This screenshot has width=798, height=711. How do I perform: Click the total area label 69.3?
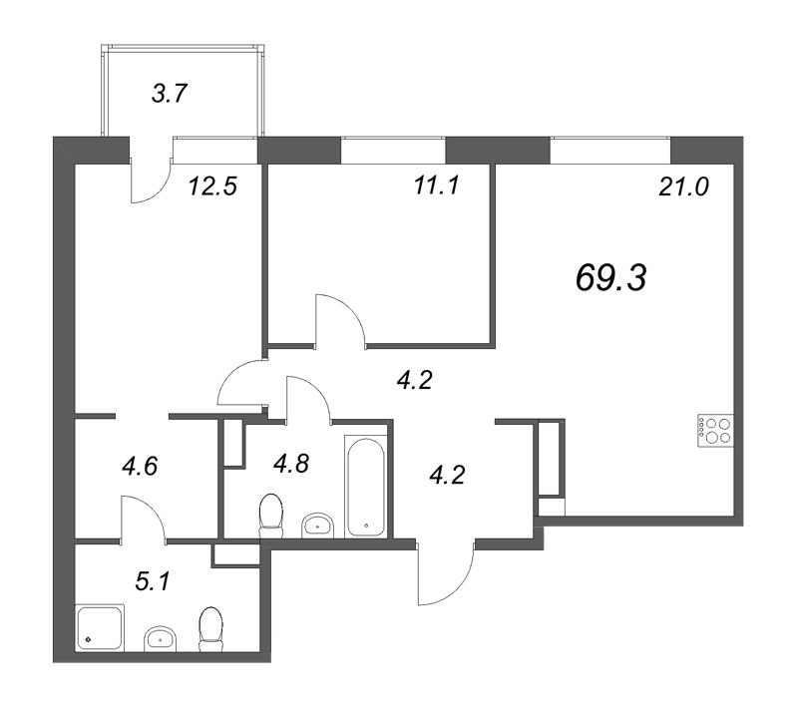click(611, 279)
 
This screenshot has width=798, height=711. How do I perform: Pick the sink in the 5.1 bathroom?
click(160, 637)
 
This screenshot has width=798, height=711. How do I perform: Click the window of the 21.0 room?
click(609, 151)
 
